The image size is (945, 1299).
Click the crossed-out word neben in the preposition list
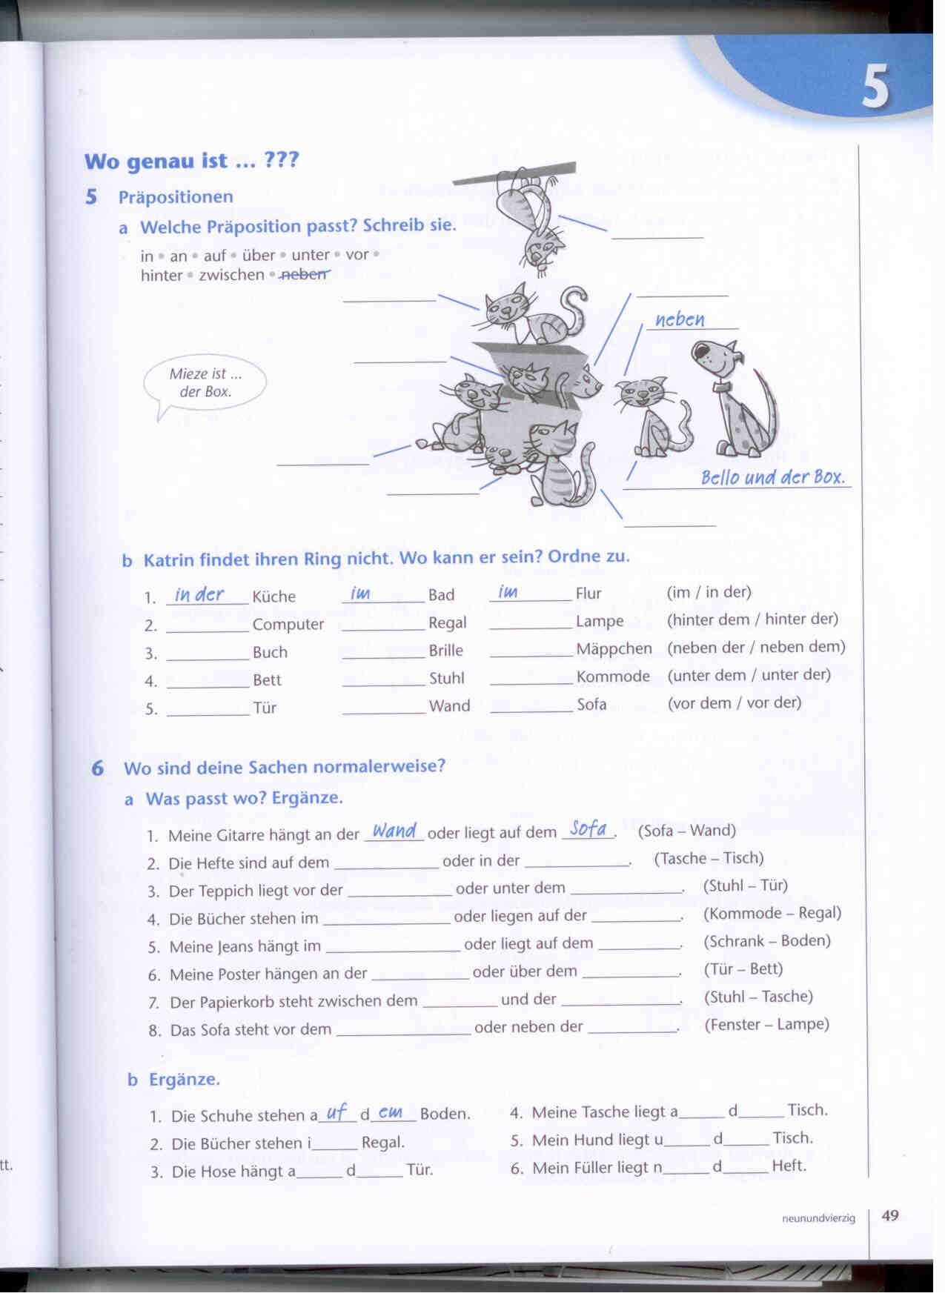(x=305, y=274)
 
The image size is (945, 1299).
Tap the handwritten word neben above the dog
(x=680, y=320)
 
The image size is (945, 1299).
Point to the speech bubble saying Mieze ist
(x=205, y=383)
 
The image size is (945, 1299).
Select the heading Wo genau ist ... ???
(x=191, y=161)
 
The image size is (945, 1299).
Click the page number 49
(x=890, y=1215)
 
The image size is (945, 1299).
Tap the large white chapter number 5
(x=875, y=87)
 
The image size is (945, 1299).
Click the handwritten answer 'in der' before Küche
(x=199, y=595)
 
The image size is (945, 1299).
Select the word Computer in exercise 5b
(x=288, y=625)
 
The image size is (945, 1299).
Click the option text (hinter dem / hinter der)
(x=752, y=619)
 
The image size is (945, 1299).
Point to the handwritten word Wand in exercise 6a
(x=394, y=831)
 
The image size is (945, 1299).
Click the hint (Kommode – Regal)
(x=772, y=913)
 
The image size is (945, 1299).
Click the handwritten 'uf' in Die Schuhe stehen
(x=336, y=1113)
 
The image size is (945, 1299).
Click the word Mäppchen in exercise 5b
(x=614, y=649)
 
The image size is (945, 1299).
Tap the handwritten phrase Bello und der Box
(x=772, y=477)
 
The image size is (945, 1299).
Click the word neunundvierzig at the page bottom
(x=818, y=1217)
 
